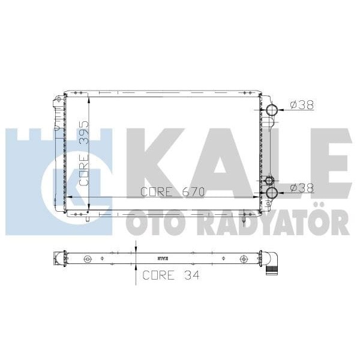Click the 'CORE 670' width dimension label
173,192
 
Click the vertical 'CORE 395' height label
85,153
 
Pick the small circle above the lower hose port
269,181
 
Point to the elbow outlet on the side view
274,263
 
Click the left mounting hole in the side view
88,259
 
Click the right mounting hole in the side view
243,259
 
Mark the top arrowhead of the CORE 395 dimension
89,97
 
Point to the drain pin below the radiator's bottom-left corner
88,219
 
